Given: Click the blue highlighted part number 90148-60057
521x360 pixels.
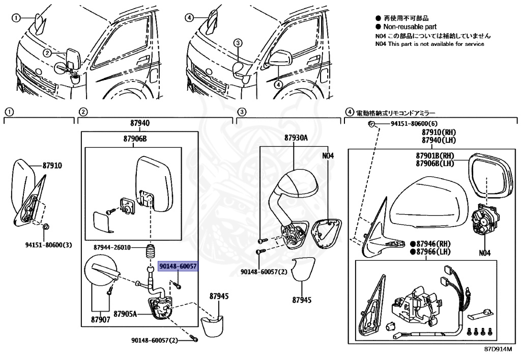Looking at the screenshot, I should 178,266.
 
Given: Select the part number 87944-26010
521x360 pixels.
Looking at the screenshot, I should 112,247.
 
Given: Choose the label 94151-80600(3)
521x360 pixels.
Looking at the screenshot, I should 48,244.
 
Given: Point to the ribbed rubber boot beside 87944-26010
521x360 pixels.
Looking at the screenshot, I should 150,253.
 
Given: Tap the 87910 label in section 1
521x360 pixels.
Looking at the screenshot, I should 52,165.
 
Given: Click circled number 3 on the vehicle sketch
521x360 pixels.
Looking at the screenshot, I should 237,43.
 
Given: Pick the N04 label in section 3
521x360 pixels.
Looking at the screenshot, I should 328,156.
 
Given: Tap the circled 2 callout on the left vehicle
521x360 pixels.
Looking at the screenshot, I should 47,53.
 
